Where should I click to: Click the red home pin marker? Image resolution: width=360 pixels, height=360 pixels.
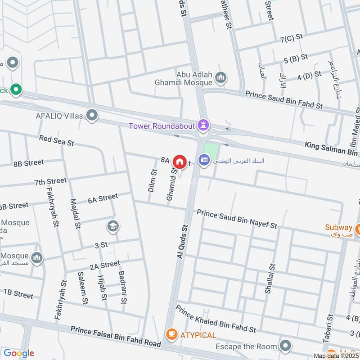(x=180, y=161)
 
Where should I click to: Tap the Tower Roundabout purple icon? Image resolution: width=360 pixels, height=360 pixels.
(x=205, y=125)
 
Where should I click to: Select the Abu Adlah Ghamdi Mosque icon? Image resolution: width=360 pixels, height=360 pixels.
(x=220, y=77)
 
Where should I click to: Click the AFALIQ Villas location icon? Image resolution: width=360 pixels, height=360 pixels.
(x=92, y=116)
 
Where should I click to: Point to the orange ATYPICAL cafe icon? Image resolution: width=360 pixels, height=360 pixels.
(x=171, y=334)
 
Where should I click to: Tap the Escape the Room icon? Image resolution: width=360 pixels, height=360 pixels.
(x=285, y=346)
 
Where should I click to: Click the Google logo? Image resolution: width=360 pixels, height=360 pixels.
(x=19, y=353)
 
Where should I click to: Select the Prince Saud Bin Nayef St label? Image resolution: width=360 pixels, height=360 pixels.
(x=237, y=218)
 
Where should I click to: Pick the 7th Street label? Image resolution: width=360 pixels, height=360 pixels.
(x=50, y=181)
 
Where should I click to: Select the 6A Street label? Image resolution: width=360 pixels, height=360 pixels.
(x=103, y=198)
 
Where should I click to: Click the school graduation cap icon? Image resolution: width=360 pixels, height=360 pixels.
(x=112, y=226)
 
